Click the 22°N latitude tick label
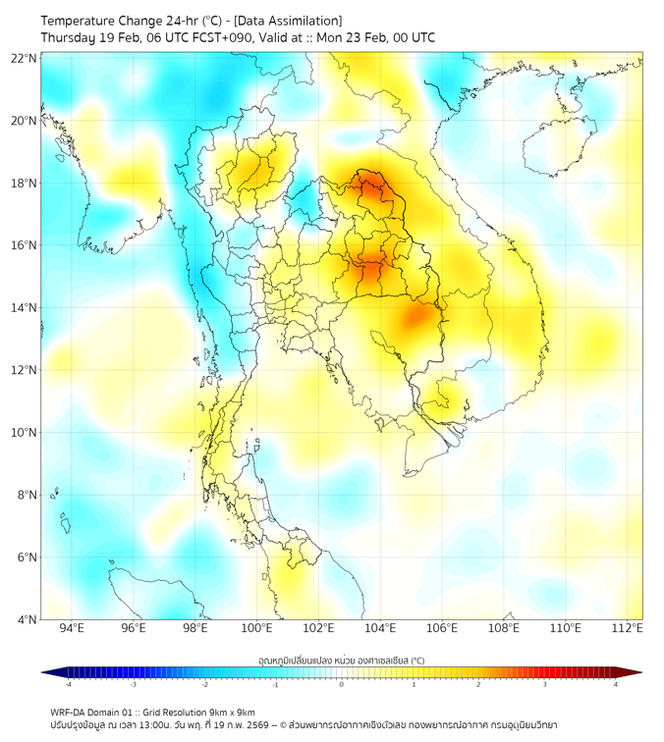pyautogui.click(x=25, y=58)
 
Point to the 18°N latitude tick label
pyautogui.click(x=25, y=184)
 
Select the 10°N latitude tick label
pyautogui.click(x=25, y=433)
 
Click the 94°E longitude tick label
pyautogui.click(x=72, y=628)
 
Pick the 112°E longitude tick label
pyautogui.click(x=627, y=628)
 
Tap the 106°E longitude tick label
pyautogui.click(x=442, y=628)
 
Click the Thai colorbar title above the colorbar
pyautogui.click(x=341, y=660)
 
